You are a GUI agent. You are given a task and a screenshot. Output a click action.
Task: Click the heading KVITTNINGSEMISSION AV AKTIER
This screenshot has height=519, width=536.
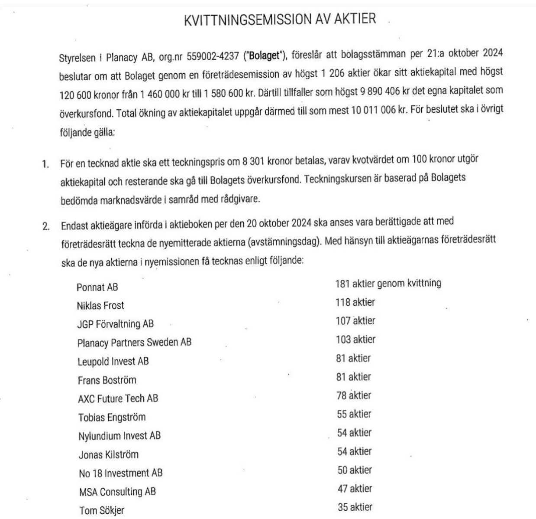point(280,20)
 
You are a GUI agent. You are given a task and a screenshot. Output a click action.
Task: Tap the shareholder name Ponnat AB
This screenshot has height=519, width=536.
point(97,287)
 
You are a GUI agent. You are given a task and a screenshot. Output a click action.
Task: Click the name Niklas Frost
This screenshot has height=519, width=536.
point(100,306)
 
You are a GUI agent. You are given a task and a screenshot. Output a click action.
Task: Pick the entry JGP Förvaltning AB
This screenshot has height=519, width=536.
point(115,324)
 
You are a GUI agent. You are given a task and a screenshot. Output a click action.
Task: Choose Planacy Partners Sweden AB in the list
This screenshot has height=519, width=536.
point(134,343)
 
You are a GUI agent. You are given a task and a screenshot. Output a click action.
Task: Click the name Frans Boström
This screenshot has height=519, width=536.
point(107,380)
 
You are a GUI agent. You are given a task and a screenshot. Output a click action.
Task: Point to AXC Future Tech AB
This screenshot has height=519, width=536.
point(118,398)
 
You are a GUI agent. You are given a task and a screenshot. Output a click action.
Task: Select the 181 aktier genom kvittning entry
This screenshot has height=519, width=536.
point(388,284)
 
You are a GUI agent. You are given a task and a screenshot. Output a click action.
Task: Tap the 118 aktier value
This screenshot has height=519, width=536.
point(355,302)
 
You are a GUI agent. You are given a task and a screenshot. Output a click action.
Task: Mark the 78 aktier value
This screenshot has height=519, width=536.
point(354,395)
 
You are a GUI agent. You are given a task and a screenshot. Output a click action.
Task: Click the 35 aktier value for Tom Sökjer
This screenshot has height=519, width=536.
point(355,507)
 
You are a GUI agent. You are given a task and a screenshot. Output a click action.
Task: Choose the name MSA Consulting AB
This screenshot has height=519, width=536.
point(117,492)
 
